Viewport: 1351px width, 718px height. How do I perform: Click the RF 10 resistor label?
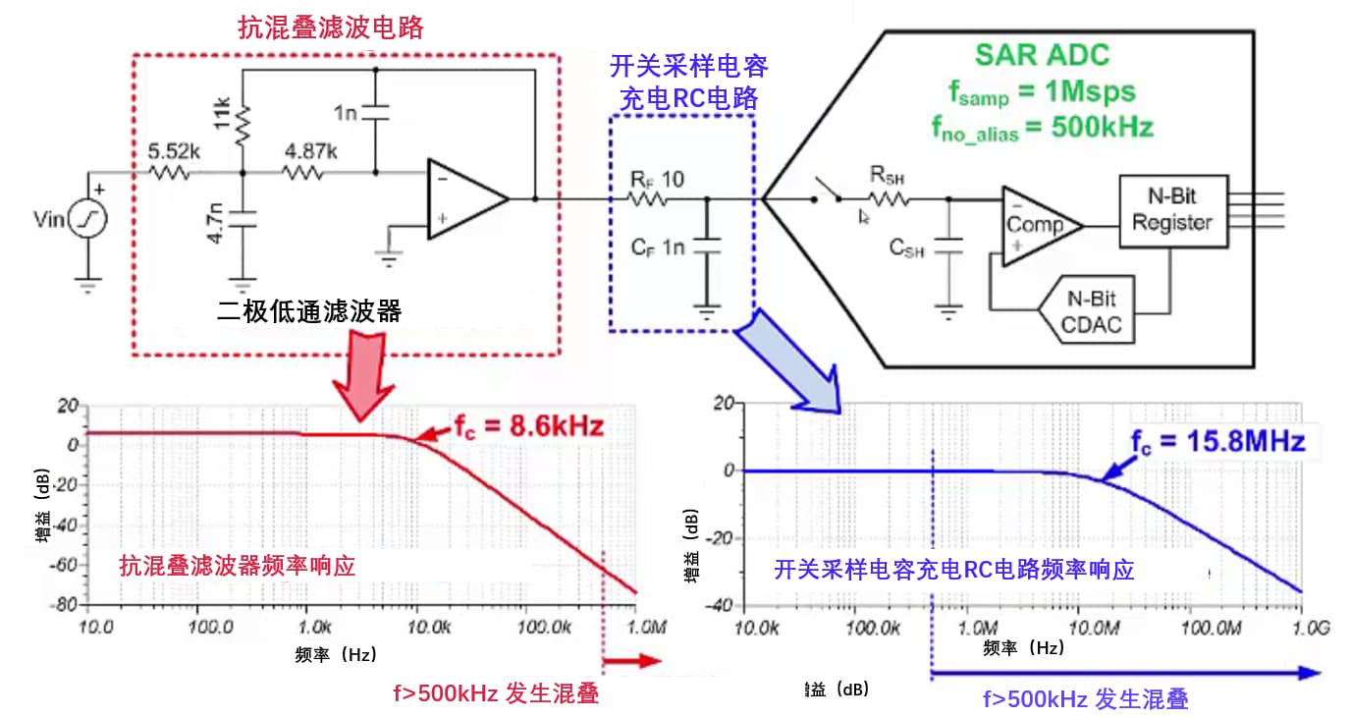(657, 180)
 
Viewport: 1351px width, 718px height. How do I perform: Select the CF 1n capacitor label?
(658, 247)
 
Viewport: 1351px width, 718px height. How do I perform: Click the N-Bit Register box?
(1171, 210)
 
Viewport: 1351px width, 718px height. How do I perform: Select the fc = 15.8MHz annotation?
(1216, 441)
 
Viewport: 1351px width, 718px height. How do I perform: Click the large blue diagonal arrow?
(790, 360)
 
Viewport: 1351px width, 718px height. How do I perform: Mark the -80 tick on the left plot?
(67, 605)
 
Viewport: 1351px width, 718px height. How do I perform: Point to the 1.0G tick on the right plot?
(1303, 625)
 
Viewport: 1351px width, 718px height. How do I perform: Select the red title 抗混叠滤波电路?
(331, 27)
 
